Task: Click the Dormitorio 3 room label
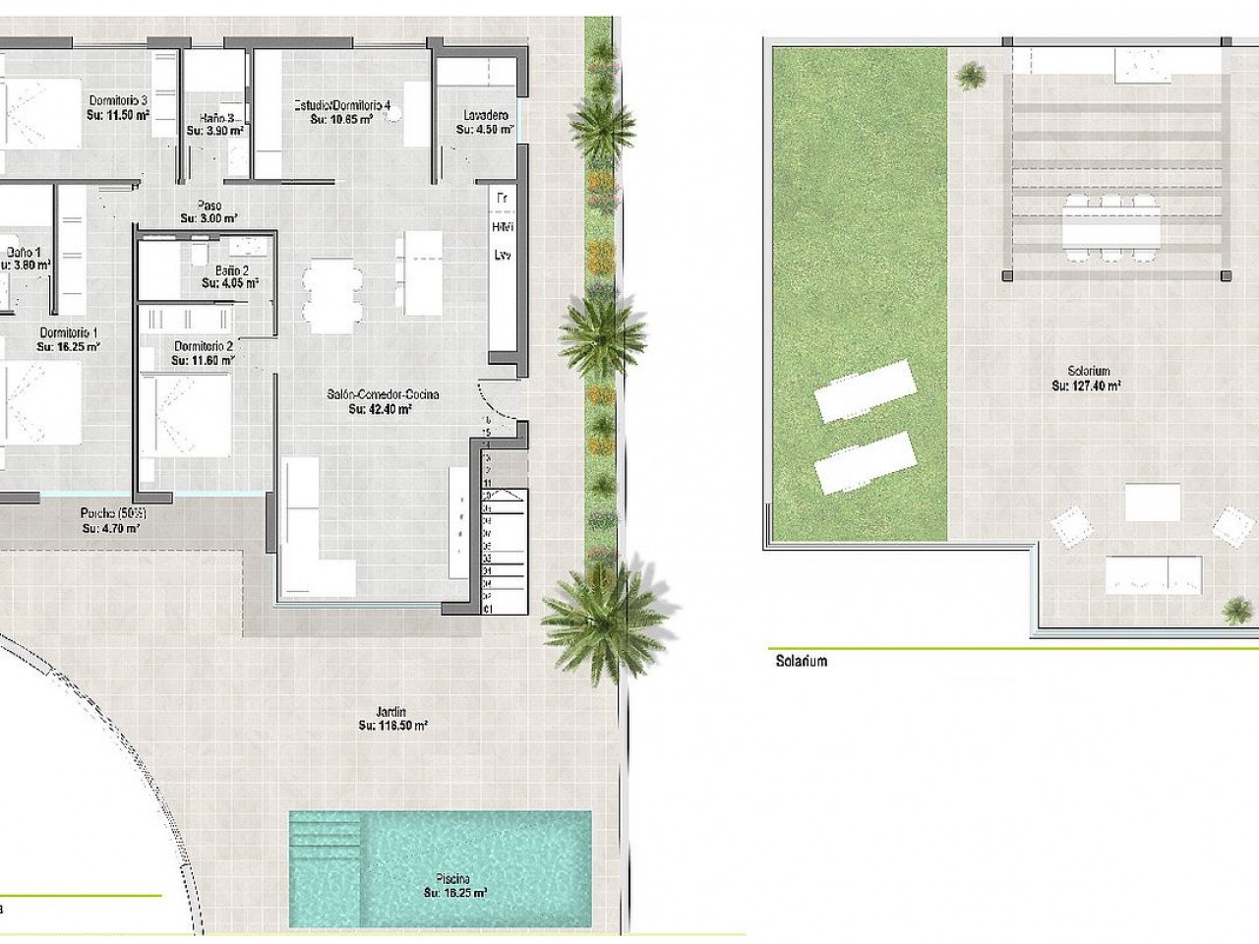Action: point(118,100)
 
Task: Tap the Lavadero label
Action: point(485,116)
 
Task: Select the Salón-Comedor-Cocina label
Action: point(383,394)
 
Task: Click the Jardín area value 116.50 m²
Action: point(392,726)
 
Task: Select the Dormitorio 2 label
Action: point(204,346)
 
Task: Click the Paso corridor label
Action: point(208,206)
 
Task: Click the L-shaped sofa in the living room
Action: point(315,536)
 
